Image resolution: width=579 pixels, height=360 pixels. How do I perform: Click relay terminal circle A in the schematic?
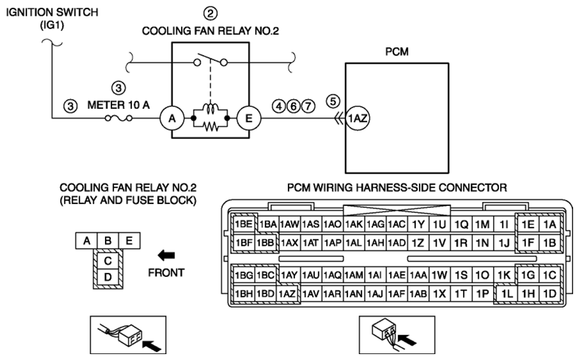[172, 119]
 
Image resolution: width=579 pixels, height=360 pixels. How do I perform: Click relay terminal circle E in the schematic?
[249, 119]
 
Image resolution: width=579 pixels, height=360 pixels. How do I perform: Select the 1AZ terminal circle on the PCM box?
[357, 119]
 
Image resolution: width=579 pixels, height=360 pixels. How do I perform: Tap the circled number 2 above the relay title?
[210, 14]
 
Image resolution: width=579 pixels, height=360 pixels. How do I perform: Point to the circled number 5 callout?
[333, 101]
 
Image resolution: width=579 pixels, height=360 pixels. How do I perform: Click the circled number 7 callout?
[308, 107]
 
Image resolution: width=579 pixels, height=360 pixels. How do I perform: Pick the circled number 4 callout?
[279, 107]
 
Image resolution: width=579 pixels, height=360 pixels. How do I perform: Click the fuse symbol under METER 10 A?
[119, 118]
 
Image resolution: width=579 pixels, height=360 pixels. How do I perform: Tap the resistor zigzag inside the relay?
[210, 127]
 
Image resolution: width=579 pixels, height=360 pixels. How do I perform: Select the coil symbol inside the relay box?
[210, 110]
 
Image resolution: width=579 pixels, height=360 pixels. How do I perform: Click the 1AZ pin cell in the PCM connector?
[287, 294]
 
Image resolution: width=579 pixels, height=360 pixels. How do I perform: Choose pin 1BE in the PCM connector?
[244, 224]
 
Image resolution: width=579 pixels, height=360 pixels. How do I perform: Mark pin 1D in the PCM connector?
[550, 294]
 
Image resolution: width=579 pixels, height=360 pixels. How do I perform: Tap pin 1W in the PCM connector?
[439, 275]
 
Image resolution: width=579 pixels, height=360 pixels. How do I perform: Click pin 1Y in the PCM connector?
[418, 224]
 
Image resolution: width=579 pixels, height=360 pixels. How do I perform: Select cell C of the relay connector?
[108, 261]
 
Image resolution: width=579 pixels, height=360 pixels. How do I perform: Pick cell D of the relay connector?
[108, 277]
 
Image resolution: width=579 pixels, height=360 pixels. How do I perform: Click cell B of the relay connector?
[108, 241]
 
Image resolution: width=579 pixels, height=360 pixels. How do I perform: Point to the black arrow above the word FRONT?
[166, 255]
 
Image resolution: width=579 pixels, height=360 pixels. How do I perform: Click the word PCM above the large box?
[397, 51]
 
